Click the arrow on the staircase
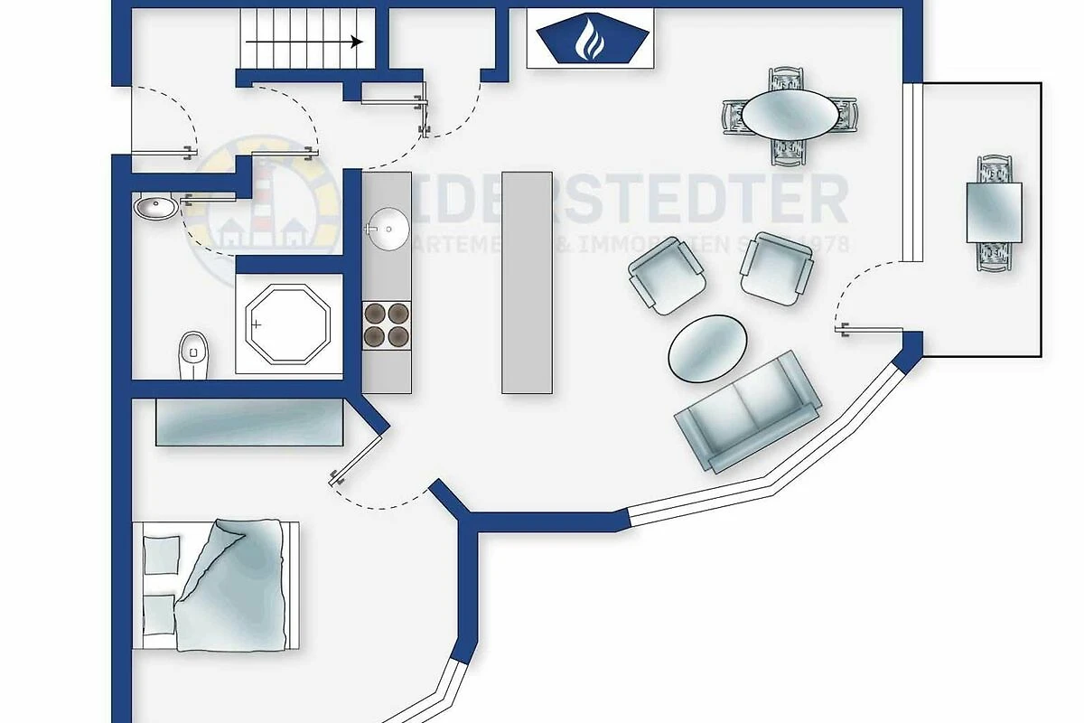(304, 42)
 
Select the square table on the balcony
(994, 212)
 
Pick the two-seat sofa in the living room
(748, 410)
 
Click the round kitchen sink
(389, 229)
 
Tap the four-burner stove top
(386, 324)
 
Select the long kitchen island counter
(527, 282)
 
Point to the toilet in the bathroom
(192, 355)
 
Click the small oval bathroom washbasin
(155, 209)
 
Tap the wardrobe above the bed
(249, 422)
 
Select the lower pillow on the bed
(159, 615)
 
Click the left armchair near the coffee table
(667, 279)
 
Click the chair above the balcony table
(994, 169)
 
